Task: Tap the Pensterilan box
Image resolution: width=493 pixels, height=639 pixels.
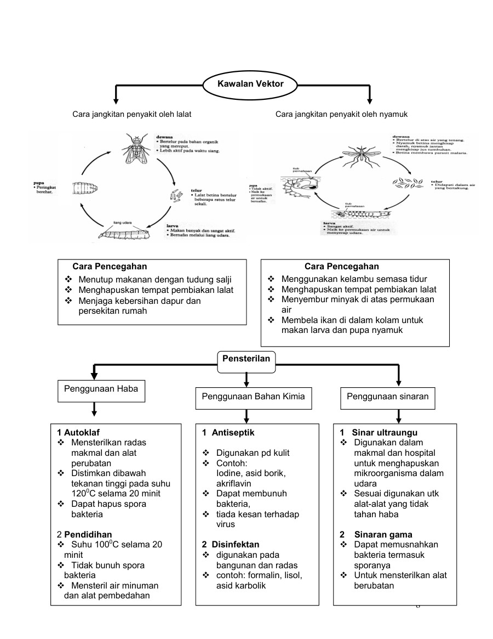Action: (246, 358)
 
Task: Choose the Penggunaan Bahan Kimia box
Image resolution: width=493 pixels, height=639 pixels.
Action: (253, 396)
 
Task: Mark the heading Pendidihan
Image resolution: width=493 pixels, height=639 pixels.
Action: (88, 534)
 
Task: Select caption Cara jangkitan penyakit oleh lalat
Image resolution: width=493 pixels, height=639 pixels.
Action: (131, 114)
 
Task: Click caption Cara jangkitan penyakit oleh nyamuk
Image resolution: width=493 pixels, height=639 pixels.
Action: (341, 114)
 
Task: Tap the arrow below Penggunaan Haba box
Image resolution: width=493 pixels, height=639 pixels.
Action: (95, 409)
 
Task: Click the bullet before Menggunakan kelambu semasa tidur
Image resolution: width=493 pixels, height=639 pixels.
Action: (271, 279)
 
